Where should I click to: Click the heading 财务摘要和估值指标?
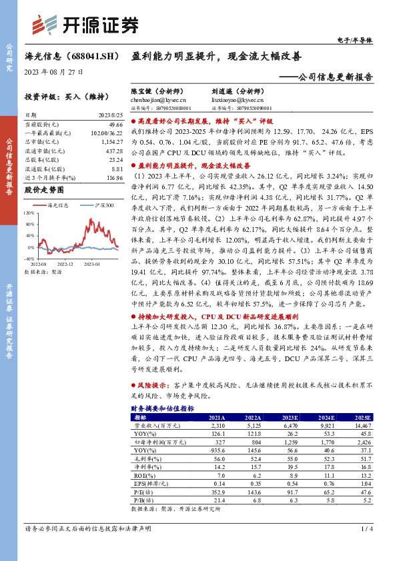163,408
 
